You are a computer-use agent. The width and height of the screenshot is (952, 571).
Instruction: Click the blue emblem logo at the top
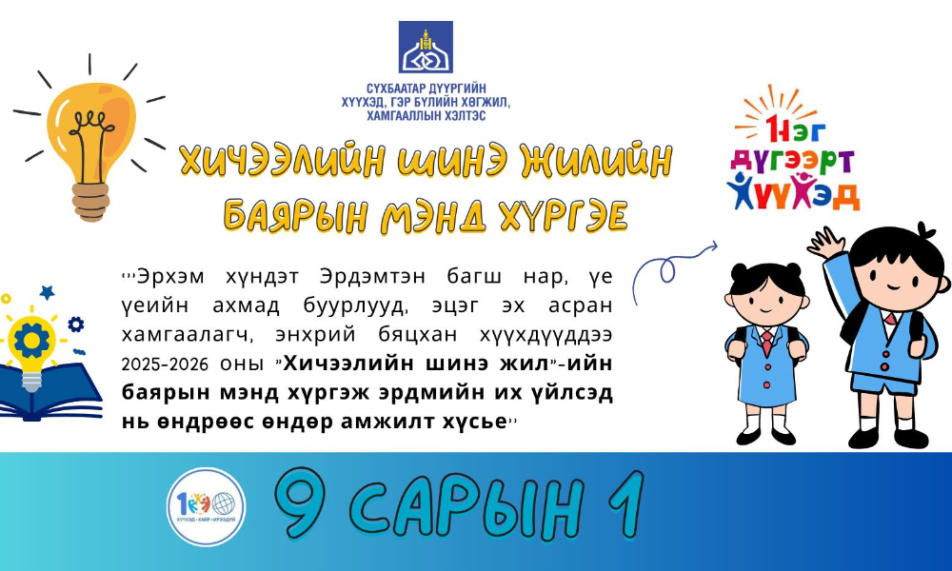426,47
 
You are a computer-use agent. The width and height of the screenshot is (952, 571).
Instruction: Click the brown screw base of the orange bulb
91,202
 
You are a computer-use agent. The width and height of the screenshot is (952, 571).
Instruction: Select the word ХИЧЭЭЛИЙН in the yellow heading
283,161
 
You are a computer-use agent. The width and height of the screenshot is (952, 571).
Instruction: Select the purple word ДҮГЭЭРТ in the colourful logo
792,161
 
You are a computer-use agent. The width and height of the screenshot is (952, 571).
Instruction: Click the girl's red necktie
766,343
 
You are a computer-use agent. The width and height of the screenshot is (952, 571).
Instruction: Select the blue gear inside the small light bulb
31,341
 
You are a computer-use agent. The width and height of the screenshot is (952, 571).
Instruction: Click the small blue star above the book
47,292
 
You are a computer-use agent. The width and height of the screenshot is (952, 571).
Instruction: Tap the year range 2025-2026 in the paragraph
165,364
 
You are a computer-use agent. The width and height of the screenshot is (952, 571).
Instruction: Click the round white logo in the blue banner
206,506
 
